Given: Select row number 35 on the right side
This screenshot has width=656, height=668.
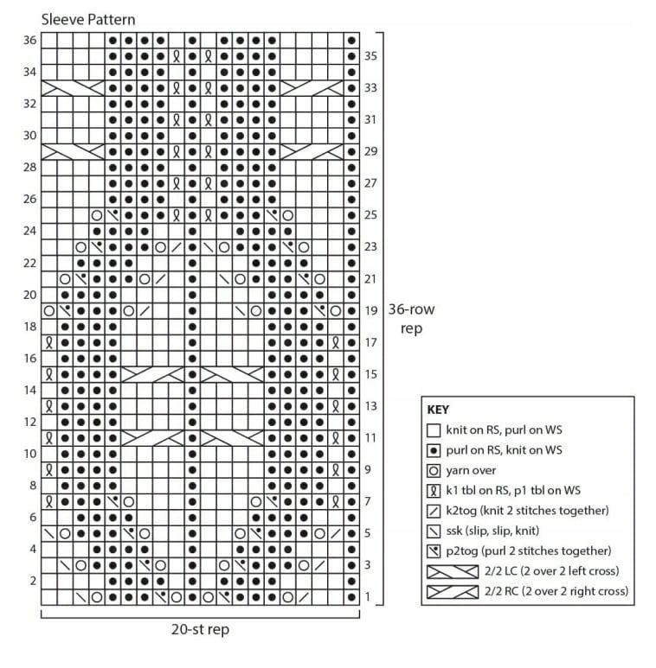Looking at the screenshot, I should (x=371, y=55).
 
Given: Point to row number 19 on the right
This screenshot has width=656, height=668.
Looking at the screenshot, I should (x=371, y=310).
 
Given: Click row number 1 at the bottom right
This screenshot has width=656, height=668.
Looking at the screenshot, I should (x=368, y=597).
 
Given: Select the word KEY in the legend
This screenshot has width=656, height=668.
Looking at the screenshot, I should (x=438, y=409).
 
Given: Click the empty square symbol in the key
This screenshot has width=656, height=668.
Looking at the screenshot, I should (x=434, y=429).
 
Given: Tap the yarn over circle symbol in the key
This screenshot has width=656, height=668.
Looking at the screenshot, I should (x=434, y=470).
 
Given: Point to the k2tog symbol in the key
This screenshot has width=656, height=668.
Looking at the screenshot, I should (x=434, y=511).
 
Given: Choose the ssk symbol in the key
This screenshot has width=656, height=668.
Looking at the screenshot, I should (x=434, y=531).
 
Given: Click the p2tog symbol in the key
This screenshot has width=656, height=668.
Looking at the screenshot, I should (x=434, y=551).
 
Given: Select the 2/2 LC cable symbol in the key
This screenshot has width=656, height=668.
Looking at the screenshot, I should (x=453, y=571).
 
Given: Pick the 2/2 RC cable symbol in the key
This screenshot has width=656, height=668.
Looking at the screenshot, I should (x=453, y=592).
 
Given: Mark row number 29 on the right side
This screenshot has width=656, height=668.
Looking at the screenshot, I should (x=371, y=151).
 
